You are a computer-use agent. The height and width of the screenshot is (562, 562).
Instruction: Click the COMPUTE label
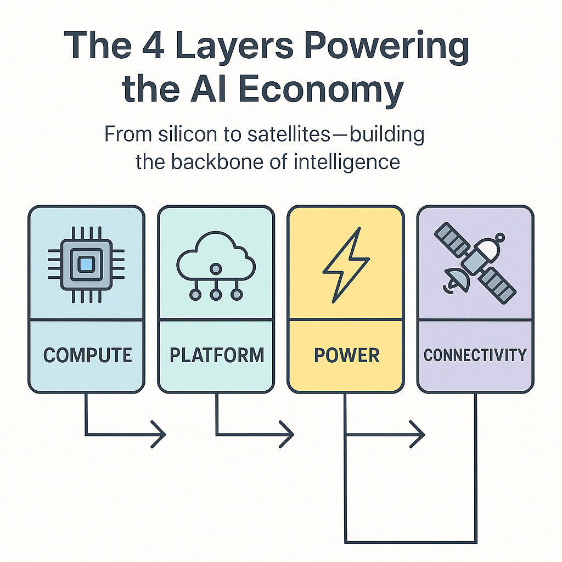(87, 355)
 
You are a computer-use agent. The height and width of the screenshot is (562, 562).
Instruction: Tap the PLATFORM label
(217, 355)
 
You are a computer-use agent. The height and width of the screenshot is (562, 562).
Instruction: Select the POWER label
(346, 355)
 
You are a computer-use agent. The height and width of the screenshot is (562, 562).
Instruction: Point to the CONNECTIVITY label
(475, 355)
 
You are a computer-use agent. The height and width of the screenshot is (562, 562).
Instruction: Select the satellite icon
(475, 261)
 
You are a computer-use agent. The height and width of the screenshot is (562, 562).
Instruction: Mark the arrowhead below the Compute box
(159, 435)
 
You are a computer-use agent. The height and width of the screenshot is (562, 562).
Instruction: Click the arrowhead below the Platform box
(288, 435)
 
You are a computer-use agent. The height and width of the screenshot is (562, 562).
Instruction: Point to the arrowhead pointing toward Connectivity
(418, 435)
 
